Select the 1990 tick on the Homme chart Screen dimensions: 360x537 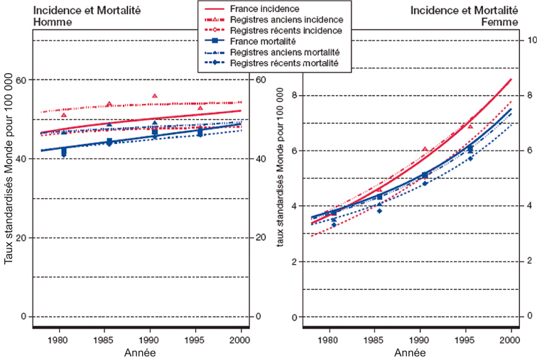(x=155, y=339)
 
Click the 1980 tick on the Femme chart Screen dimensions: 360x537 (x=329, y=339)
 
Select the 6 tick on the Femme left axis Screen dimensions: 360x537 (x=300, y=151)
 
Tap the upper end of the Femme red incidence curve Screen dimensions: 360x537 (x=511, y=79)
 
